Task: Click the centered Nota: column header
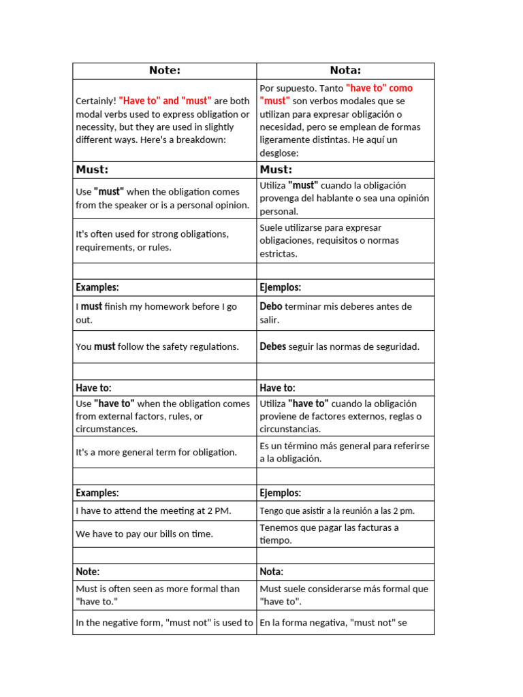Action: click(345, 71)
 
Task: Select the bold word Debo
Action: click(271, 307)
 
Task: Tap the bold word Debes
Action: click(273, 346)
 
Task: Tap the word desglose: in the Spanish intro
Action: click(279, 153)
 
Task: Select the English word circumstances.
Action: click(106, 429)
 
